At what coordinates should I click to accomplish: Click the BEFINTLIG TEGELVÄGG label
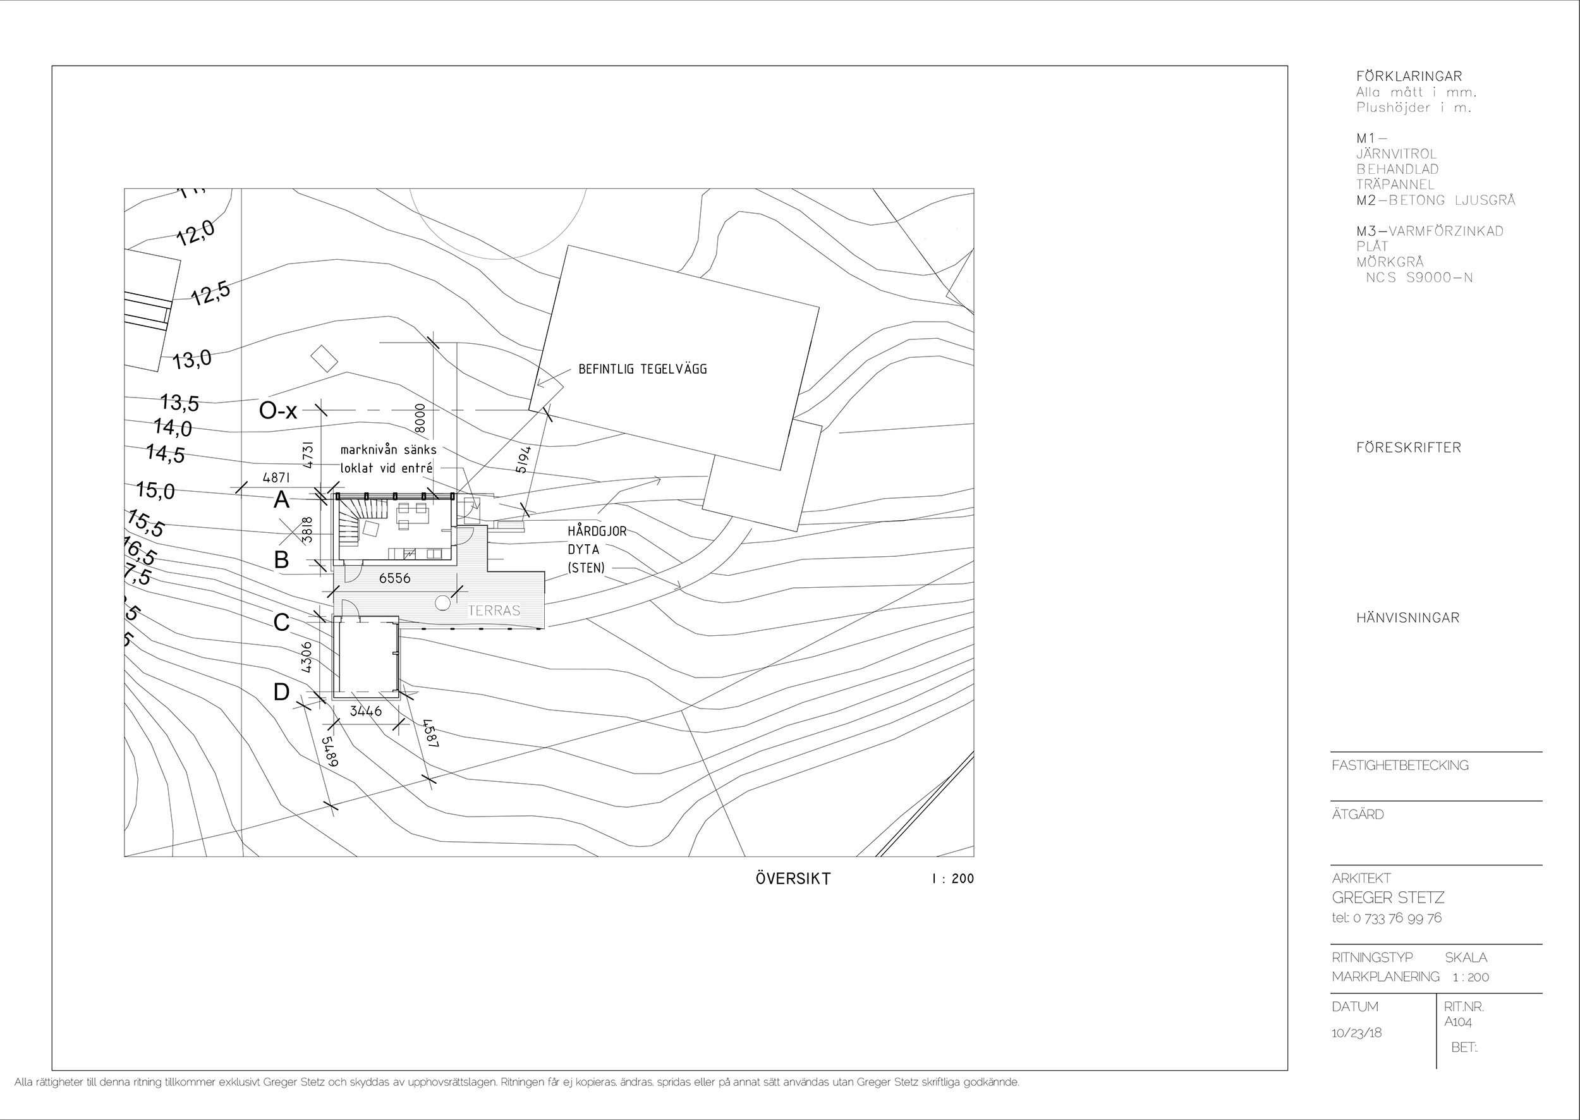642,369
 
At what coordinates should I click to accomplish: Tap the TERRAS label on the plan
494,611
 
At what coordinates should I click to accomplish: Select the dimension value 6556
394,578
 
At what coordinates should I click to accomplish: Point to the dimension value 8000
421,418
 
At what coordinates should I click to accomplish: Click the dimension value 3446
365,710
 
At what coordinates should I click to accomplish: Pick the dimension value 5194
523,460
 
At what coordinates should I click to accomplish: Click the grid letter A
281,500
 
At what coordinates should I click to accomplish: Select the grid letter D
281,691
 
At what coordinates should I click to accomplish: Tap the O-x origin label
278,411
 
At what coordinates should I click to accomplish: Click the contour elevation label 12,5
211,295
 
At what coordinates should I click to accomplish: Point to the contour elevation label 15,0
156,490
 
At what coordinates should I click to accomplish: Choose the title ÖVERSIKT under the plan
793,879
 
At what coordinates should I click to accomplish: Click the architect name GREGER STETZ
1388,898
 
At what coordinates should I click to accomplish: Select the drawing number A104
1458,1022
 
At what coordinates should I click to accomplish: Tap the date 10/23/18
1356,1032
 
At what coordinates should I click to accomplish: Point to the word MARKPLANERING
1385,977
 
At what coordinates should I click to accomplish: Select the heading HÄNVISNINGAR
1407,618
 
